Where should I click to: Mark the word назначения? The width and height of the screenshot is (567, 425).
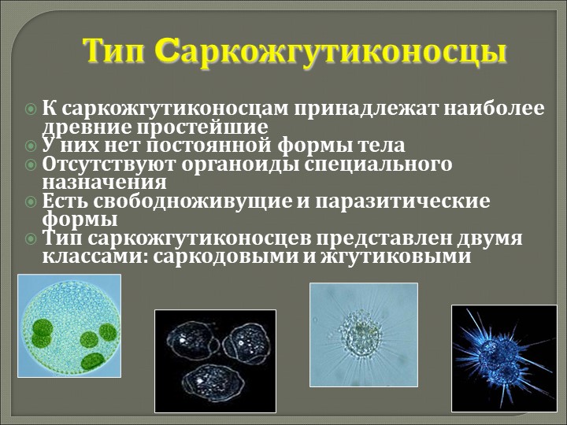point(105,183)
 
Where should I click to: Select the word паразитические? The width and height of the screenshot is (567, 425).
point(402,201)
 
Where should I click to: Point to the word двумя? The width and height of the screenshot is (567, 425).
point(484,239)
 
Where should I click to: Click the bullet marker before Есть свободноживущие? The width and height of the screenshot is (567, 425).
point(31,201)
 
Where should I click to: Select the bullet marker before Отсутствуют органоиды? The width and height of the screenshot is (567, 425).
point(31,164)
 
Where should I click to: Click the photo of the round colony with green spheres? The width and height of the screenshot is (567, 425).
point(69,326)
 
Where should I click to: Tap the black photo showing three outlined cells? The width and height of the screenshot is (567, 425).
point(215,360)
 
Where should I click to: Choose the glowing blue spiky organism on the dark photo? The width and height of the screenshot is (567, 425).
point(505,358)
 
